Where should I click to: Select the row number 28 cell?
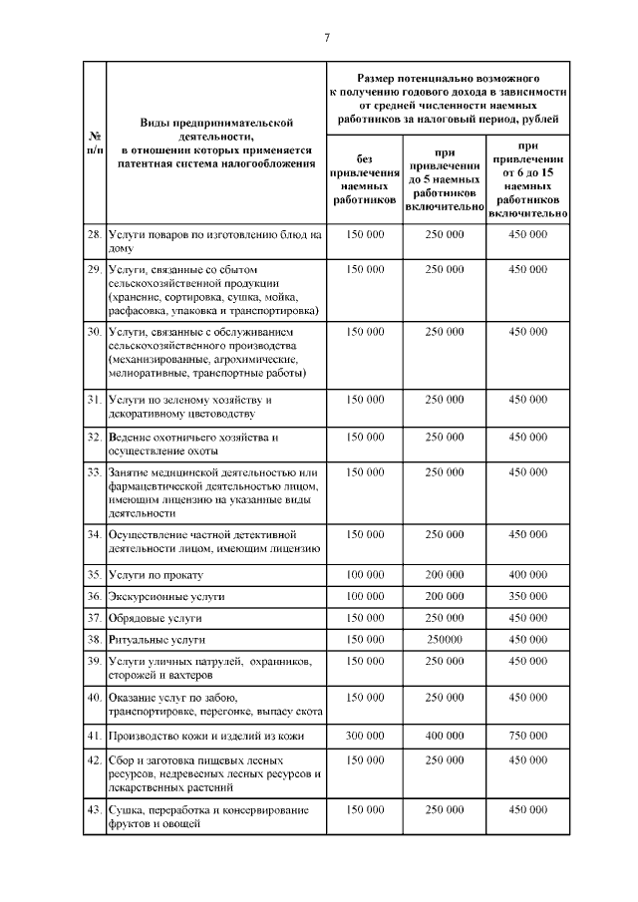coord(93,234)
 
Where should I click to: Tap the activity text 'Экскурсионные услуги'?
coord(166,596)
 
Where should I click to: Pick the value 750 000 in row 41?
coord(528,736)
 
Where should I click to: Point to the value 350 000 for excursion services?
coord(528,596)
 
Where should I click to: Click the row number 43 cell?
coord(93,809)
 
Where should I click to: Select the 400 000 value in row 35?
coord(528,576)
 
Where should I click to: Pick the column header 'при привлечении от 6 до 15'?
coord(528,178)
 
